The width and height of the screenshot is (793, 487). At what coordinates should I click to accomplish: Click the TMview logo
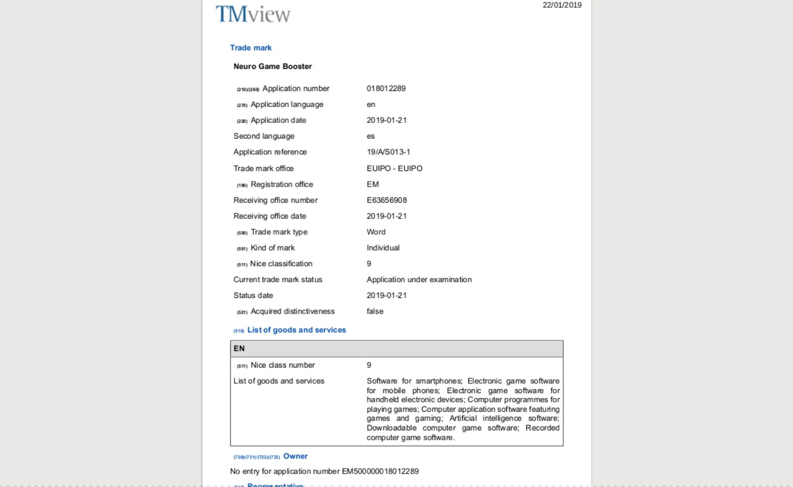point(253,14)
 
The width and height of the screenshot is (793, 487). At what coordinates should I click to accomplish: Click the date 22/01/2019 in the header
point(562,5)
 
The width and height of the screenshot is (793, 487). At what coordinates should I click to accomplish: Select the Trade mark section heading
point(251,48)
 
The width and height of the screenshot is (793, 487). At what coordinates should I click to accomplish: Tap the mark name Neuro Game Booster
point(273,66)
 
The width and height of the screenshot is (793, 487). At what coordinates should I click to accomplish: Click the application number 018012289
point(386,88)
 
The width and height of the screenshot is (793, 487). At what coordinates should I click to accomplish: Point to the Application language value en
point(371,104)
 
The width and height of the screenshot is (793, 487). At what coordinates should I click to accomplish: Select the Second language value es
point(371,136)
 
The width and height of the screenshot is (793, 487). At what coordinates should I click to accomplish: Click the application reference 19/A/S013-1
point(388,152)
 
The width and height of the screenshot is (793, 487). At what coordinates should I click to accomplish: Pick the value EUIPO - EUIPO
point(394,168)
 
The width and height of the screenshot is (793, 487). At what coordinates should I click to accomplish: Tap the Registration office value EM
point(373,184)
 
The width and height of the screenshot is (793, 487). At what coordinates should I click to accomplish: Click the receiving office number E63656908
point(387,200)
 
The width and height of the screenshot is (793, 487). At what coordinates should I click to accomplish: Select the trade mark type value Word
point(376,232)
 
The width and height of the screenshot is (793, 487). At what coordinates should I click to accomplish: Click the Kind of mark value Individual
point(383,248)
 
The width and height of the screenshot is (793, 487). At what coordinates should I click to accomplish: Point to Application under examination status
point(419,280)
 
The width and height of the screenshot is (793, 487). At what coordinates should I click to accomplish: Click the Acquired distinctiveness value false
point(375,311)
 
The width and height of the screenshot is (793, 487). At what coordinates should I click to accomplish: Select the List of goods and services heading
point(297,330)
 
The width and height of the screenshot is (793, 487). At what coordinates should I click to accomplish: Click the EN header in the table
point(239,348)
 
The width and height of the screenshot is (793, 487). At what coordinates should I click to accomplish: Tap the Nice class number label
point(283,365)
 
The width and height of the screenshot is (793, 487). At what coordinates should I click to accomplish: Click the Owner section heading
point(295,456)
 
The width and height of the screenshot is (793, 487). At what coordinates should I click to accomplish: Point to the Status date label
point(253,295)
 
